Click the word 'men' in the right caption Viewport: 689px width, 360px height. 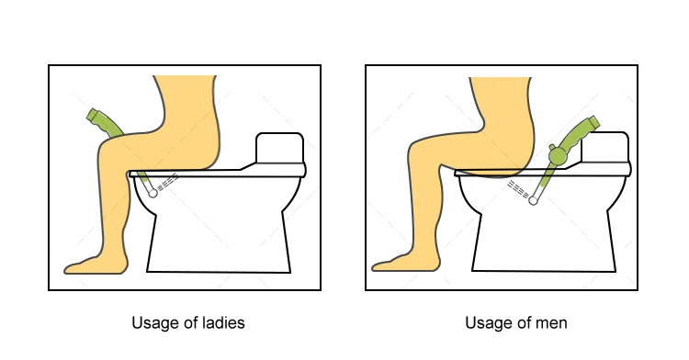point(552,323)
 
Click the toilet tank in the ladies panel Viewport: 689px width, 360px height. point(279,148)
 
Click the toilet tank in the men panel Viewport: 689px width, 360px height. point(605,147)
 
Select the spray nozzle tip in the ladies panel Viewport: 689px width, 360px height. point(152,193)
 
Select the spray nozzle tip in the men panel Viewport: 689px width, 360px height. point(533,201)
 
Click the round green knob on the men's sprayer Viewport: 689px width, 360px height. point(558,155)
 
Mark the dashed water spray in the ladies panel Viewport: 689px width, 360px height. point(167,183)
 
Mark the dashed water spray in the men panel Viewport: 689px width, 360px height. point(518,189)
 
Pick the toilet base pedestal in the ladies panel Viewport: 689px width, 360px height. point(219,242)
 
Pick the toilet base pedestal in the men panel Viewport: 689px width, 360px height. point(544,242)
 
